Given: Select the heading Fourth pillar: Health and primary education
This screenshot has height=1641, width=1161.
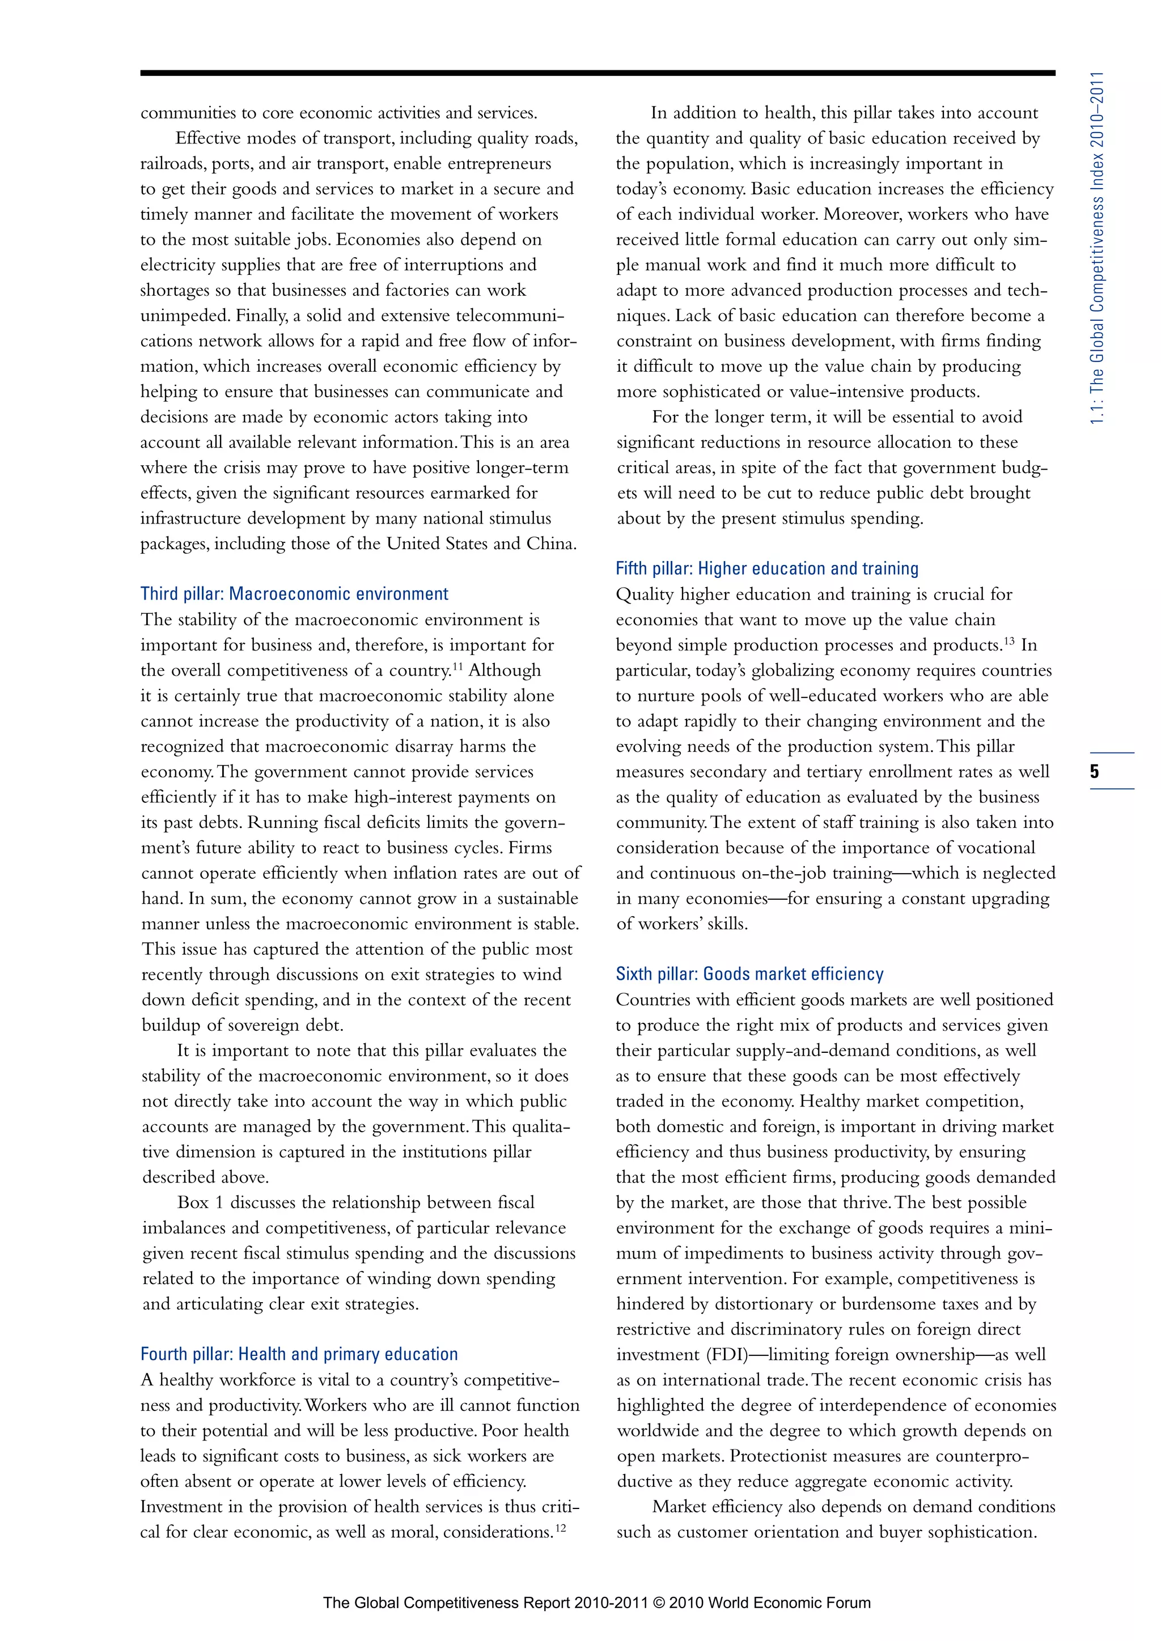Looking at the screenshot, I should click(x=299, y=1354).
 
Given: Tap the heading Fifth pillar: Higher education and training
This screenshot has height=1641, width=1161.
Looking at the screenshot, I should click(x=766, y=569).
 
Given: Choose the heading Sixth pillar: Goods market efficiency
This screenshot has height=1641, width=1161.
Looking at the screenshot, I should click(x=749, y=974).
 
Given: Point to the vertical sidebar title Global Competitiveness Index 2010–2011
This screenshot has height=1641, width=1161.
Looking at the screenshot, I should click(x=1098, y=246).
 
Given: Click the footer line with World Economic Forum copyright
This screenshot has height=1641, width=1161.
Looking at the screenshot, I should click(x=596, y=1602).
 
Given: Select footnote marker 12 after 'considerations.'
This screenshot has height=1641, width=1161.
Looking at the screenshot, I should click(x=561, y=1528).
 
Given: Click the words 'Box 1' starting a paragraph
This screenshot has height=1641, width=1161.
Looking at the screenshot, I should click(x=200, y=1203).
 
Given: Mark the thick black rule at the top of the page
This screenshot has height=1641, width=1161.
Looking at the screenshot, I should click(x=597, y=73).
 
